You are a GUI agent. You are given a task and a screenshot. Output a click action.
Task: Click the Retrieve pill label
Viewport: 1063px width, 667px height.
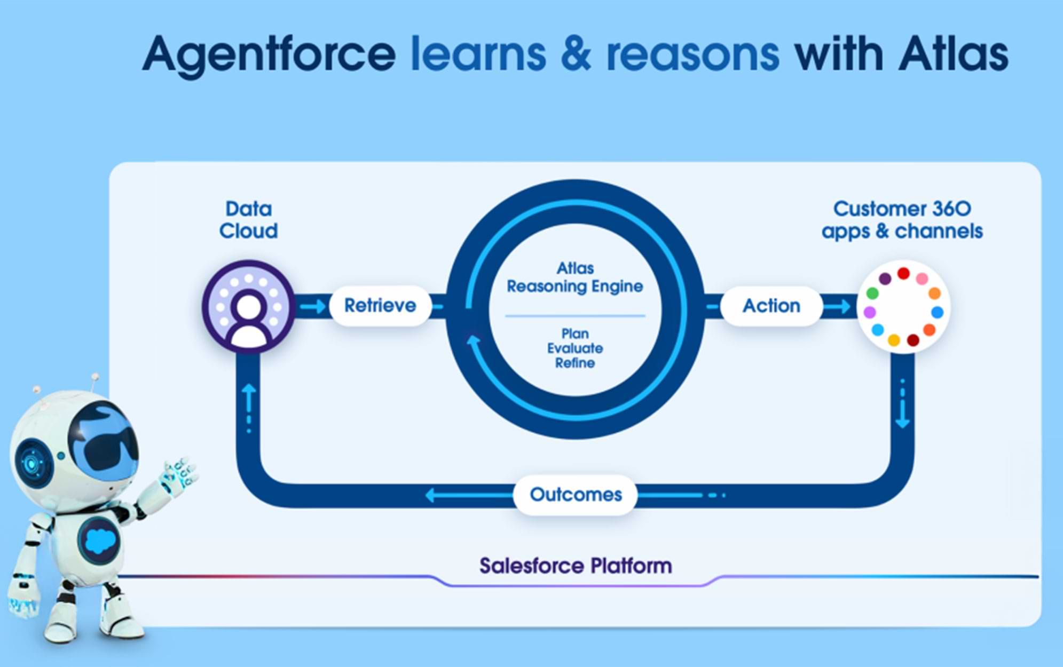380,306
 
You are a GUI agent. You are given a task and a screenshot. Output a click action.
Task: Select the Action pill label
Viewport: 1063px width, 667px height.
771,306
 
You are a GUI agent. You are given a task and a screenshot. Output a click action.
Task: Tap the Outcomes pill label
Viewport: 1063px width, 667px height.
576,495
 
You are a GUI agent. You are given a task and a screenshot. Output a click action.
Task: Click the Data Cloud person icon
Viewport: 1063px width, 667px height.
248,307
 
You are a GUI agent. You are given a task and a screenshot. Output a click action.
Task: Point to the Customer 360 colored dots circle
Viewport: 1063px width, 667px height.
903,307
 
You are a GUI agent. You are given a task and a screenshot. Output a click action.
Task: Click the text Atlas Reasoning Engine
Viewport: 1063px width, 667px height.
575,277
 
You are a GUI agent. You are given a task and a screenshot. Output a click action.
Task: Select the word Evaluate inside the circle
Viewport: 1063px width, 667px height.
575,348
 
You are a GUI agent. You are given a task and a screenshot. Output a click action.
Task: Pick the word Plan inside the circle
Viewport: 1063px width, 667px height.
575,333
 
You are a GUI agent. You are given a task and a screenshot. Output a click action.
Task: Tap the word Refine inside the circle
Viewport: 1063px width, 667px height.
575,363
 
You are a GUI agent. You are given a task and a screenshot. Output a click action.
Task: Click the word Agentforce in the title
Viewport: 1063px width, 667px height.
269,55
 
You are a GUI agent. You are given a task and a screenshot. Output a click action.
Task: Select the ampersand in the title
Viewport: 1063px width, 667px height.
576,54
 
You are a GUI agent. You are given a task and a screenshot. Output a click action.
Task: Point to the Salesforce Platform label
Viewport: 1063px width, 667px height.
576,566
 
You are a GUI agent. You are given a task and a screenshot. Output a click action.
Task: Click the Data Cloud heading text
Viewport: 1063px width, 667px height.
248,220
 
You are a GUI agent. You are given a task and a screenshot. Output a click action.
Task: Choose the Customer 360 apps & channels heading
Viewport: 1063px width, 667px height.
902,220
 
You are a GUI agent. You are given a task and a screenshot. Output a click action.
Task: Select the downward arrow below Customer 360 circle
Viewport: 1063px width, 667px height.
903,403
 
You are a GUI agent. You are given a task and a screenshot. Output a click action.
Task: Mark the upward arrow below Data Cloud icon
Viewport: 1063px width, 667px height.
249,408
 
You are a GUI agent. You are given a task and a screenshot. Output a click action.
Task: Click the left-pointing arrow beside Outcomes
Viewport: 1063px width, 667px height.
469,496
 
